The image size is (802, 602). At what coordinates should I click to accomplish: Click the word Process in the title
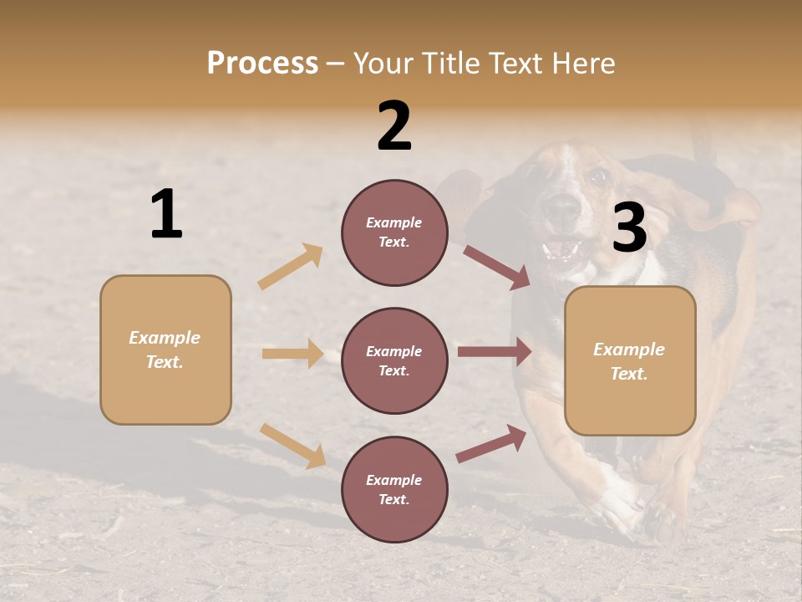262,64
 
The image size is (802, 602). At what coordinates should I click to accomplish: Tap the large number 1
166,215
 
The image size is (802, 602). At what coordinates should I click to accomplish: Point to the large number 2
394,126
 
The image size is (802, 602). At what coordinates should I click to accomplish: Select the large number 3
629,227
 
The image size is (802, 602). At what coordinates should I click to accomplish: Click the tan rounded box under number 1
165,349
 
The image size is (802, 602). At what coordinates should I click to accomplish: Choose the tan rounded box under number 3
630,360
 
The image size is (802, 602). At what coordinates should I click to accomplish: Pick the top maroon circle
394,232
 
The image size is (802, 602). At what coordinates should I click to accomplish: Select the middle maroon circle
394,360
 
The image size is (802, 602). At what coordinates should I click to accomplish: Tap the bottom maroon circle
394,489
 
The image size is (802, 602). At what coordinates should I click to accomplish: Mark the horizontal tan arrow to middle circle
292,354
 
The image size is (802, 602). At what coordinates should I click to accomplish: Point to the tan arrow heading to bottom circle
293,446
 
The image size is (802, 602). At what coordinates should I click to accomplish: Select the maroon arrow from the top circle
497,268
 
